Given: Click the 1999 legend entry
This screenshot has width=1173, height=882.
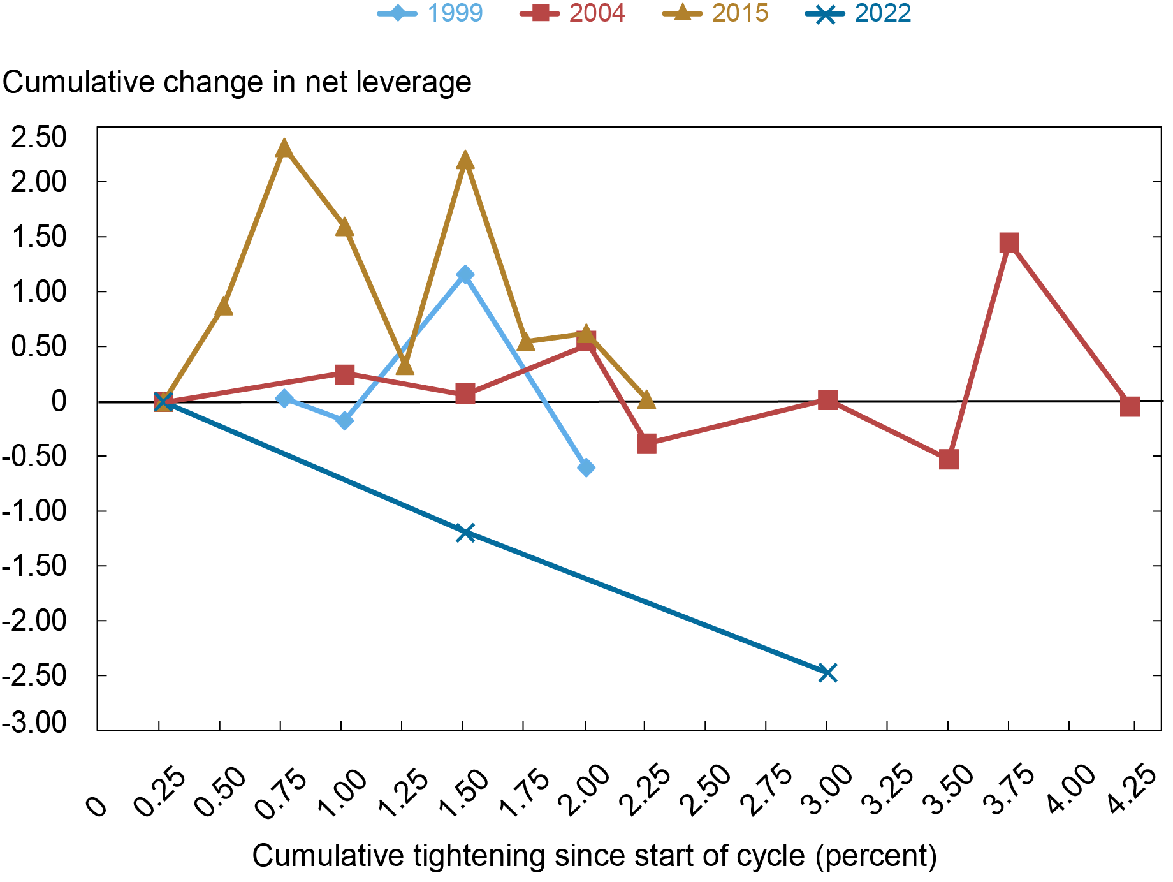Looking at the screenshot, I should (431, 13).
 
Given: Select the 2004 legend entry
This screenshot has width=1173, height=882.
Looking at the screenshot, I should (573, 13).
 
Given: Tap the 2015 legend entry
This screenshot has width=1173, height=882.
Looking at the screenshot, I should (716, 13).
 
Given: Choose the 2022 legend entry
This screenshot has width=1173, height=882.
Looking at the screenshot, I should (859, 13).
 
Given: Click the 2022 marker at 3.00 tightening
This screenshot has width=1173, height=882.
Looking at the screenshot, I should (827, 673).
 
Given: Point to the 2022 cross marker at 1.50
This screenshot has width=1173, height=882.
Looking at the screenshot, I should (465, 533).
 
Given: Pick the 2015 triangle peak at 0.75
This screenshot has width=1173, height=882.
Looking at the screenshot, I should (284, 149).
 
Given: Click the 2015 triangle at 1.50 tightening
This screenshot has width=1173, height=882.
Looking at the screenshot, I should (465, 160).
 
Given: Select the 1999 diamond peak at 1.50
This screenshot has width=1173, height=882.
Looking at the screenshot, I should (465, 275).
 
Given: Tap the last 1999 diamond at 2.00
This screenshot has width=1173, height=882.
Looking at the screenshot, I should (586, 467).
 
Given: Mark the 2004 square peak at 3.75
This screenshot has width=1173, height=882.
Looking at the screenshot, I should (1009, 242).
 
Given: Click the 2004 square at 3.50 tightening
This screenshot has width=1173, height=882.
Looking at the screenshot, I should (949, 459).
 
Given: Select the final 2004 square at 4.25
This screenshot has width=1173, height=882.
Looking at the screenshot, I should (1129, 406).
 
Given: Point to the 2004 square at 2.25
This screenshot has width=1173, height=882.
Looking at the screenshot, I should (646, 443).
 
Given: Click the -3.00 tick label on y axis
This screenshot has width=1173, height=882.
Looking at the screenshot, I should (35, 723).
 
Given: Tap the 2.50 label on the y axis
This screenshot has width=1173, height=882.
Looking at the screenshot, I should (38, 137).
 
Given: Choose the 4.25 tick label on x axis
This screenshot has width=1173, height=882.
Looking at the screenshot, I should (1133, 789).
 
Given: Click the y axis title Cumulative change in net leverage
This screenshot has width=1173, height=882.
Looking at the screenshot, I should (237, 82).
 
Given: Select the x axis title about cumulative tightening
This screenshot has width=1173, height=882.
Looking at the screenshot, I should (594, 856).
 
